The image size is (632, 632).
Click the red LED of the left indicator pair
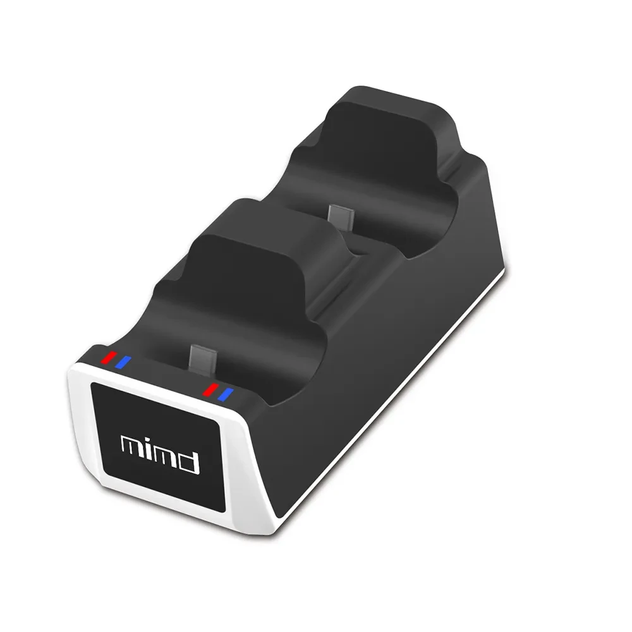[x=109, y=357]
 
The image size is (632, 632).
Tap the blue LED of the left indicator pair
[x=122, y=362]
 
